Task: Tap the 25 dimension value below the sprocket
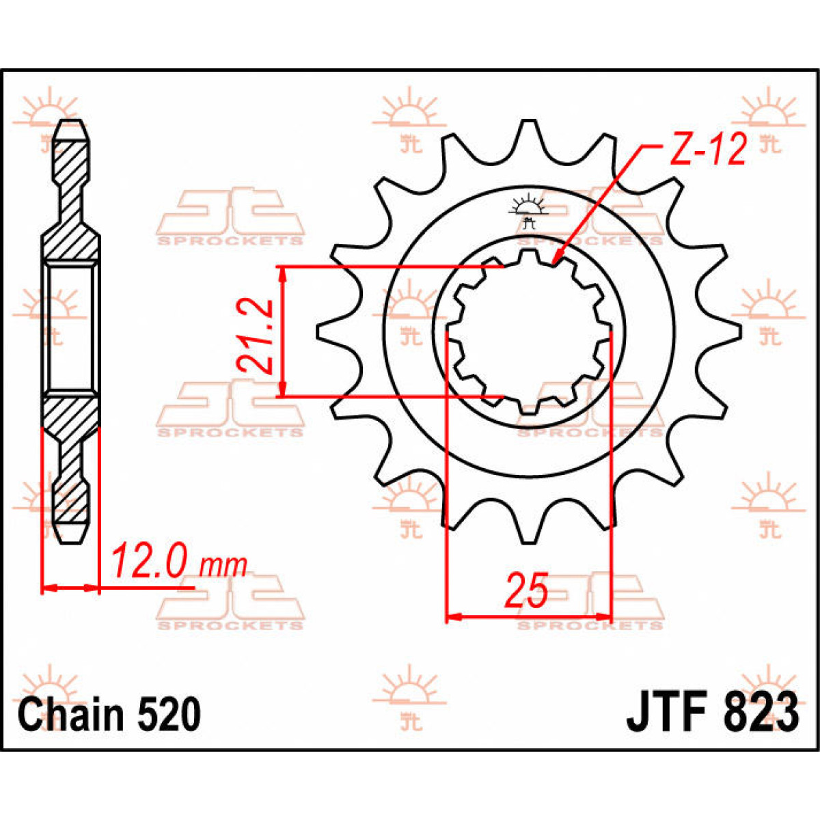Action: pyautogui.click(x=526, y=592)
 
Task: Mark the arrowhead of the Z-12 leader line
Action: pyautogui.click(x=556, y=260)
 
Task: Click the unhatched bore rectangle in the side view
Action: pyautogui.click(x=70, y=328)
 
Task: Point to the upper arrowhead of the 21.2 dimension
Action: pyautogui.click(x=282, y=273)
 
